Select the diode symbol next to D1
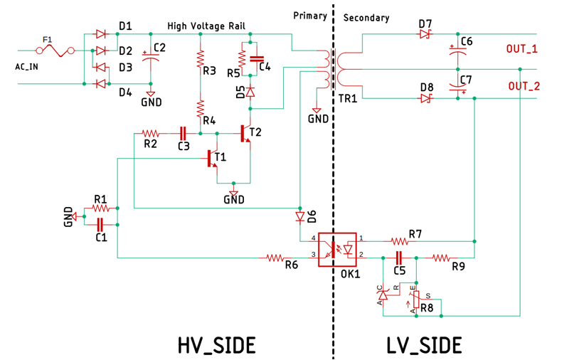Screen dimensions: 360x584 pos(100,33)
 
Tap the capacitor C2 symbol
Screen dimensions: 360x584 pos(150,58)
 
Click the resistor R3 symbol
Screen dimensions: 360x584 pos(201,57)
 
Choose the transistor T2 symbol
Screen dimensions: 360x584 pos(245,132)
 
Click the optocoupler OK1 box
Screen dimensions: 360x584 pos(337,249)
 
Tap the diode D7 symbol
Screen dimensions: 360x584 pos(425,34)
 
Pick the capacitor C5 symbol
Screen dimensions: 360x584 pos(398,256)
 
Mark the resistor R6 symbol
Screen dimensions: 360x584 pos(275,257)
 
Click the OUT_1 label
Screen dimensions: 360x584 pos(521,49)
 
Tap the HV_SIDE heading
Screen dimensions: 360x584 pos(216,344)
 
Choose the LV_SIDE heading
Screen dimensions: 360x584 pos(424,344)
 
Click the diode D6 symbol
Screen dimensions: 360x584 pos(299,216)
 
